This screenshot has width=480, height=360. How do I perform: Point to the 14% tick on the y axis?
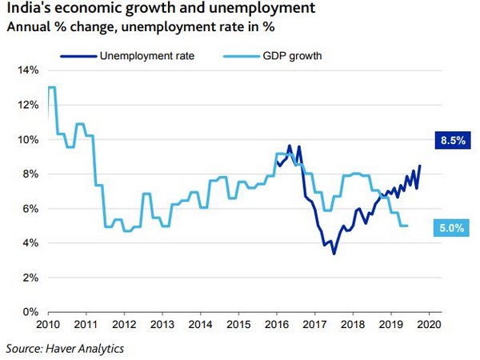[28, 70]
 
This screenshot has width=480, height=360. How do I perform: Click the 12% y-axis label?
[28, 105]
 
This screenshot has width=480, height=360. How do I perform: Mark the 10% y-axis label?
[28, 139]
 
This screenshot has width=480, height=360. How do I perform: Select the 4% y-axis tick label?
[30, 242]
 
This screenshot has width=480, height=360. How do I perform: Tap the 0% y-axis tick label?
[30, 311]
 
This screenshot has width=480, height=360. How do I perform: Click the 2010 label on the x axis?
[46, 324]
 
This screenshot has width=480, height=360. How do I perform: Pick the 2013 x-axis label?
[162, 324]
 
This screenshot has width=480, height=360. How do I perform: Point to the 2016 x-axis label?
[276, 324]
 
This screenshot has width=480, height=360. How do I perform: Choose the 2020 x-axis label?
[429, 324]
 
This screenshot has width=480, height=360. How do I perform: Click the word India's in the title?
[27, 11]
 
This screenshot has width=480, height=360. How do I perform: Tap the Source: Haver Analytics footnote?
[65, 348]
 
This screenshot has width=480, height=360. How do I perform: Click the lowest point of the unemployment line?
[334, 254]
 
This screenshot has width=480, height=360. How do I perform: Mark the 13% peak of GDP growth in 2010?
[51, 87]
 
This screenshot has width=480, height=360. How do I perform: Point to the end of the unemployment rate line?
[420, 166]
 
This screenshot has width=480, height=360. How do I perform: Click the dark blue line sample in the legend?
[78, 56]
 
